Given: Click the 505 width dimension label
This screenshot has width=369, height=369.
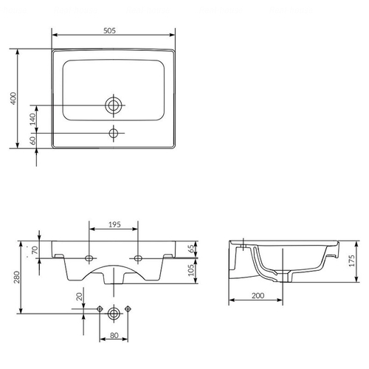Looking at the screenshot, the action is pos(109,30).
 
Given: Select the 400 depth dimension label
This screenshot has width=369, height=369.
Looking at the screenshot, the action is pos(13,98).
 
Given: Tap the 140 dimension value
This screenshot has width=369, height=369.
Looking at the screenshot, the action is pos(32,119).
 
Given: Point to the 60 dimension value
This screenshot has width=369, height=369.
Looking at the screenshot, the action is pos(32,140).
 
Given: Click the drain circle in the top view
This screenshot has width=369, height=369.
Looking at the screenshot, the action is pos(114,106).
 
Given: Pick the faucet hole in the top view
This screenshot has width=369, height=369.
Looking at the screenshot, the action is pos(114,133).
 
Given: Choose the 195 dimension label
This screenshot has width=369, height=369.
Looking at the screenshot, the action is pos(114,224).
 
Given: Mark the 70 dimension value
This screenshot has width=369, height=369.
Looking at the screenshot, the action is pos(35,250).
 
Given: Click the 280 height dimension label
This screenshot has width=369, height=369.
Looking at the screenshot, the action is pos(17,277).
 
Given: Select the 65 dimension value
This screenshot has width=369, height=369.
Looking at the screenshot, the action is pos(191,249).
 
